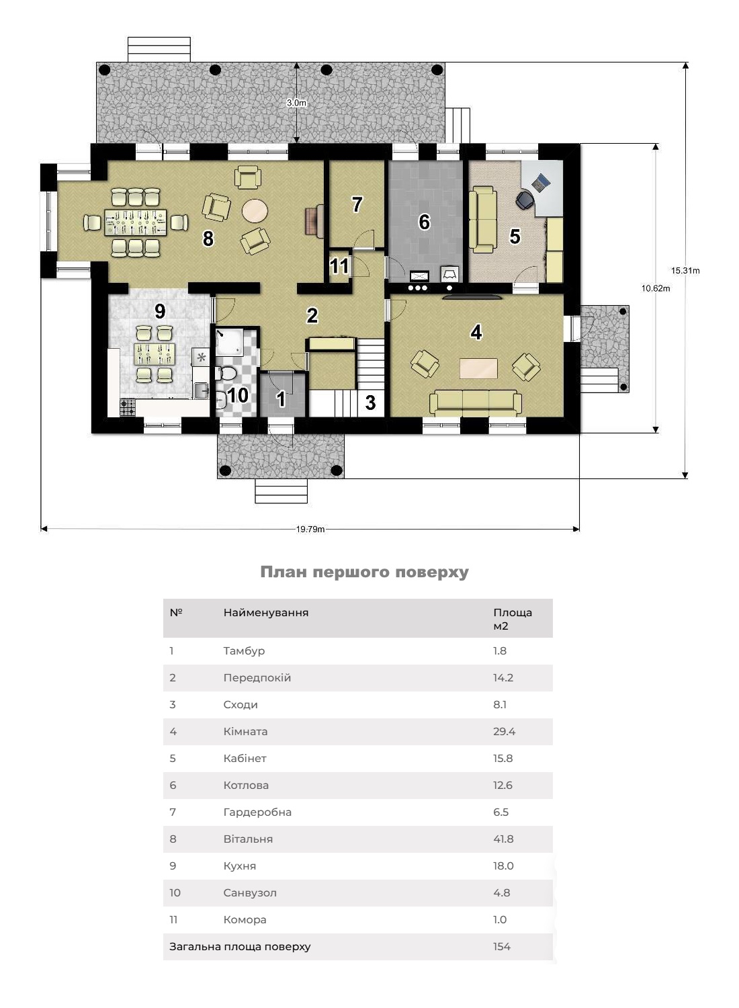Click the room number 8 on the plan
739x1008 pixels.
208,238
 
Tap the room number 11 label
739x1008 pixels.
339,266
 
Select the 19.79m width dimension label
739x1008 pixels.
310,529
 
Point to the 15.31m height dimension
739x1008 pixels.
685,271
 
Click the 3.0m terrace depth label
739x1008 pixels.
296,103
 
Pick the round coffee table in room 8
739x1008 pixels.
255,211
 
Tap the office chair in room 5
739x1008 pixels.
525,199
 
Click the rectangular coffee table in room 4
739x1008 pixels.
478,368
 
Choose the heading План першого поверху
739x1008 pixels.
364,572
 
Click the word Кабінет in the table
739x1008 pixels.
245,758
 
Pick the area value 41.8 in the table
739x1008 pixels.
504,839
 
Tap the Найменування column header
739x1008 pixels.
266,612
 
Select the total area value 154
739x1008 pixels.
502,946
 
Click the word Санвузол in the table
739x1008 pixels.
250,892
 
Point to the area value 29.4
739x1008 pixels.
505,731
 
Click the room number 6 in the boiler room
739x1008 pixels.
424,222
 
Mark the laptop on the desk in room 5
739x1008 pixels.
540,181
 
